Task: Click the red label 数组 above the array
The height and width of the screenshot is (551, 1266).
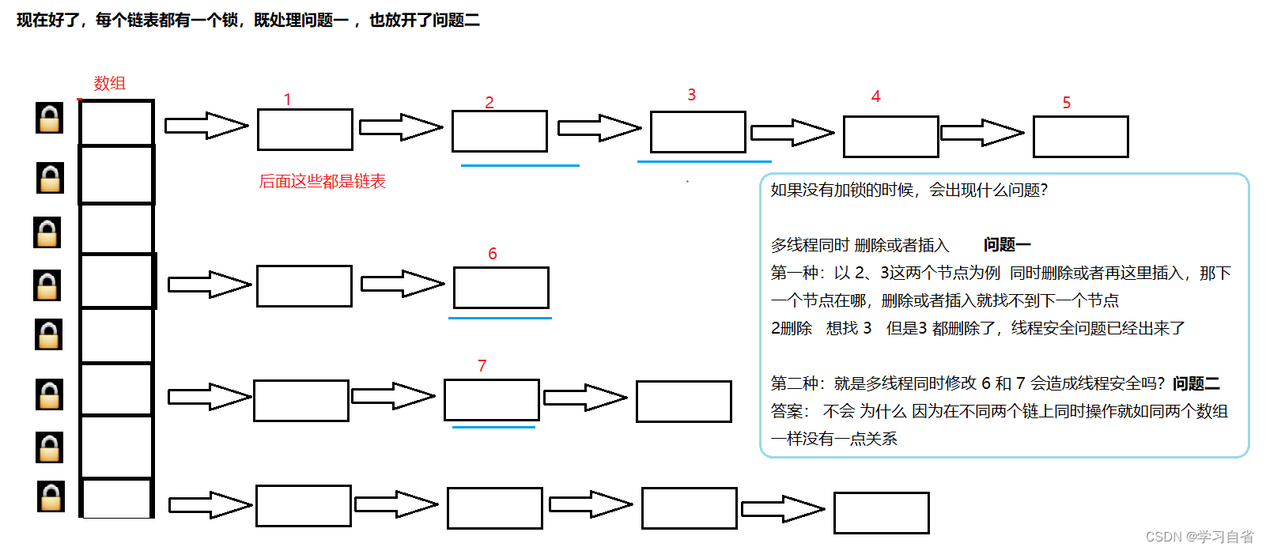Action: point(109,83)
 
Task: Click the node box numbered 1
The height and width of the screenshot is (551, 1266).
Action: point(304,130)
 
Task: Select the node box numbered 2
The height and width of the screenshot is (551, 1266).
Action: point(499,131)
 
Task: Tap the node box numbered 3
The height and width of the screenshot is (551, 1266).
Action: point(697,132)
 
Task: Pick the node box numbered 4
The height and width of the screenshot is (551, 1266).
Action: point(890,137)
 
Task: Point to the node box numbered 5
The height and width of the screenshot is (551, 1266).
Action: point(1080,137)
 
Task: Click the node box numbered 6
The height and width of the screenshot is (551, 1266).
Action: point(501,288)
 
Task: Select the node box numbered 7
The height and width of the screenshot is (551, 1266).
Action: point(491,400)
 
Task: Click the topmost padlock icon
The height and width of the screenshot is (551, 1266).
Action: point(50,118)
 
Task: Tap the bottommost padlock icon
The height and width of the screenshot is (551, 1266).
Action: point(51,496)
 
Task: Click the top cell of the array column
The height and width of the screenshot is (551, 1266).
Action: point(116,123)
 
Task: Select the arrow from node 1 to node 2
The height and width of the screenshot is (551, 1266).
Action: point(401,127)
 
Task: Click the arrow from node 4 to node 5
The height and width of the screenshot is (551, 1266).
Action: point(981,133)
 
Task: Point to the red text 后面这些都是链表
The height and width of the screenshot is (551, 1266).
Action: point(322,181)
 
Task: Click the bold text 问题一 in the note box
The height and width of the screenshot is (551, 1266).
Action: point(1007,245)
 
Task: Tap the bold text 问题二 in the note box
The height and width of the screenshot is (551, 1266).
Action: point(1196,383)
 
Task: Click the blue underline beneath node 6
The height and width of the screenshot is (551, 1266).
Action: point(500,318)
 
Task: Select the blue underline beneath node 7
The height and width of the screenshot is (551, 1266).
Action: point(493,427)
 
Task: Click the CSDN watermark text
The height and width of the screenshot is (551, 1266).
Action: point(1199,537)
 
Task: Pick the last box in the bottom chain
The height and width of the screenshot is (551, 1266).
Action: point(881,513)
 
